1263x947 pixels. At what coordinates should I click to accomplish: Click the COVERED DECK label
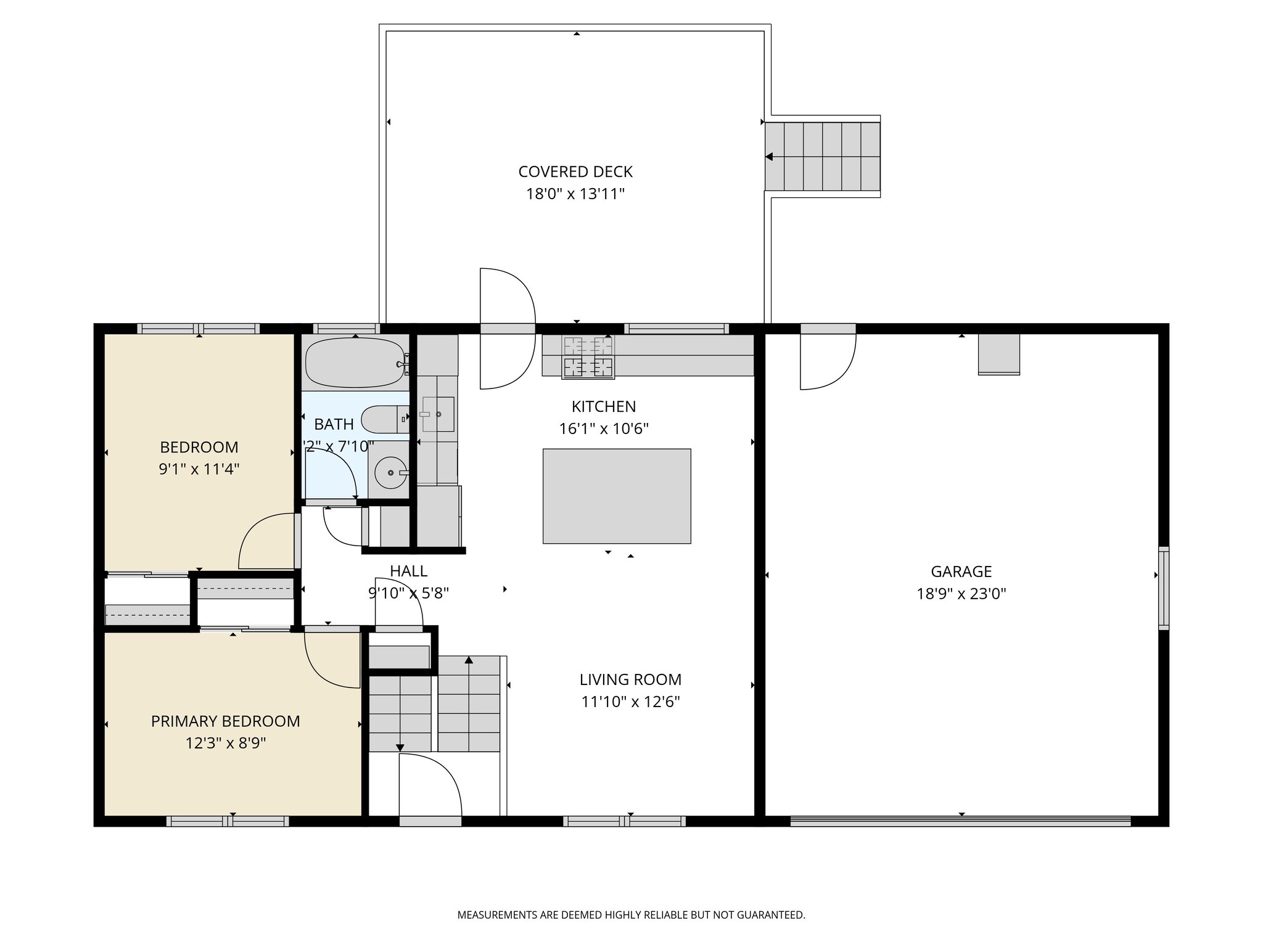[575, 171]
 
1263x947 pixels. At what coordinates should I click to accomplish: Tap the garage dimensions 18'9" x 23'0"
[961, 594]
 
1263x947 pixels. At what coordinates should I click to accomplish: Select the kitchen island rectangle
[616, 496]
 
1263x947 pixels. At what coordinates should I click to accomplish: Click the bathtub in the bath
[355, 363]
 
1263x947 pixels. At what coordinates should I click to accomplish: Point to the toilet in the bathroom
[382, 419]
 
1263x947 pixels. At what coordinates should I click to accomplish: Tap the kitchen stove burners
[588, 357]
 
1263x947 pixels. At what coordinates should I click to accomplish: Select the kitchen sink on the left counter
[437, 414]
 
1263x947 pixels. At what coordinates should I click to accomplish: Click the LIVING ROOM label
[630, 679]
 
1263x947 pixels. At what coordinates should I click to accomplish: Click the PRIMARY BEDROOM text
[225, 721]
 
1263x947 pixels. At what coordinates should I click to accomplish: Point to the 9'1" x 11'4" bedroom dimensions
[199, 469]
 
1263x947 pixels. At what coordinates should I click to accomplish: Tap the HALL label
[408, 571]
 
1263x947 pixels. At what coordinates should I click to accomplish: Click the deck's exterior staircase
[823, 157]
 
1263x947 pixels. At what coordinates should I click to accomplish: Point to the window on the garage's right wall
[1163, 588]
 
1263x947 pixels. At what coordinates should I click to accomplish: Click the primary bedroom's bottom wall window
[228, 821]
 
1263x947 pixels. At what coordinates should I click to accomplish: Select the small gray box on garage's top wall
[998, 354]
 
